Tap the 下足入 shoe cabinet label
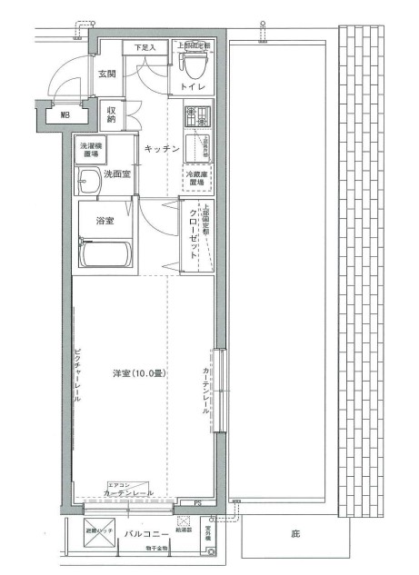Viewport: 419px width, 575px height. point(145,46)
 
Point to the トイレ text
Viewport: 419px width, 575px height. point(191,86)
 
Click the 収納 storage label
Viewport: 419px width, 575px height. point(110,114)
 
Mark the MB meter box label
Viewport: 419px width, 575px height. point(65,115)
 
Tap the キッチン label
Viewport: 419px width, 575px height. point(159,147)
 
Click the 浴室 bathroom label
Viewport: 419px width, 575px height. point(104,220)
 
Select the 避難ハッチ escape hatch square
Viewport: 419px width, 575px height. point(98,535)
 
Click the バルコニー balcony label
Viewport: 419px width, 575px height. point(145,535)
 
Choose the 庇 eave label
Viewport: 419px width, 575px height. point(295,533)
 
